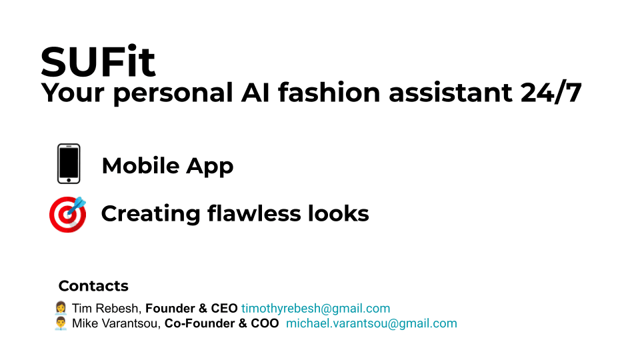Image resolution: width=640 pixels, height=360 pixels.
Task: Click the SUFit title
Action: pyautogui.click(x=97, y=62)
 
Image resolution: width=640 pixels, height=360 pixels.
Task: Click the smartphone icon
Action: pyautogui.click(x=69, y=164)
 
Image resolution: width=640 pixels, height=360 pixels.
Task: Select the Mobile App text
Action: pyautogui.click(x=167, y=166)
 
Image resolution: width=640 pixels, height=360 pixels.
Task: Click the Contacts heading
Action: pyautogui.click(x=93, y=286)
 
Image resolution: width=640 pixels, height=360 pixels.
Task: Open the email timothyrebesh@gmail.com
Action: pyautogui.click(x=315, y=309)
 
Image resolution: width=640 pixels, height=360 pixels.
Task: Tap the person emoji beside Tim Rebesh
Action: pyautogui.click(x=61, y=308)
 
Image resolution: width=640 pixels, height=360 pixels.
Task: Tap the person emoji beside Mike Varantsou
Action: pyautogui.click(x=61, y=324)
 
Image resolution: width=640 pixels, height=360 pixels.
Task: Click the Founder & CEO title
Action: pyautogui.click(x=191, y=309)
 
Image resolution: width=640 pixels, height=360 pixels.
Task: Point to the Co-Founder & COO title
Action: pyautogui.click(x=221, y=324)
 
